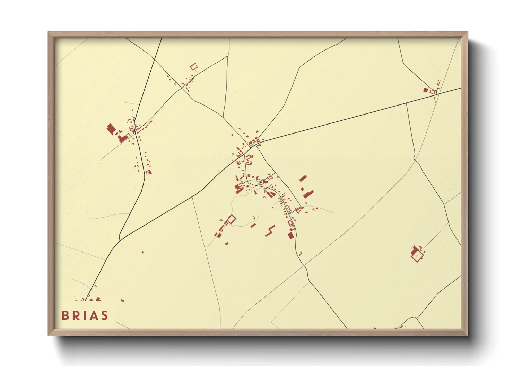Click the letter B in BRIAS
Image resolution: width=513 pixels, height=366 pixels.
click(x=65, y=315)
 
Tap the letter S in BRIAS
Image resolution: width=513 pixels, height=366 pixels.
click(x=104, y=315)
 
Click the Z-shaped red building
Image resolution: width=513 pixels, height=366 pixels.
click(x=270, y=231)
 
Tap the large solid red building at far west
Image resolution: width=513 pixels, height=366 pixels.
click(x=111, y=129)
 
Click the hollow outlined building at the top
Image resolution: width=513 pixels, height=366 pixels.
click(x=194, y=66)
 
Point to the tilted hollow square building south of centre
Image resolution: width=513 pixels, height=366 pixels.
click(x=231, y=219)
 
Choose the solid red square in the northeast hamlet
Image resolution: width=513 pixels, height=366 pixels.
click(x=426, y=90)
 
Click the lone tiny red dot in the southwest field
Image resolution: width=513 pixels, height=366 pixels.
click(x=142, y=252)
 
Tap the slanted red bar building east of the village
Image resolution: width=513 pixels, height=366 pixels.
click(x=303, y=178)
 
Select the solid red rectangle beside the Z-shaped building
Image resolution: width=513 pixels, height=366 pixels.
click(x=290, y=235)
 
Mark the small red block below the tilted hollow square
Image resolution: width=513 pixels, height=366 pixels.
click(x=227, y=244)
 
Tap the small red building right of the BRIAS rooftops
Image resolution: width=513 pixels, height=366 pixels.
click(x=122, y=301)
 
